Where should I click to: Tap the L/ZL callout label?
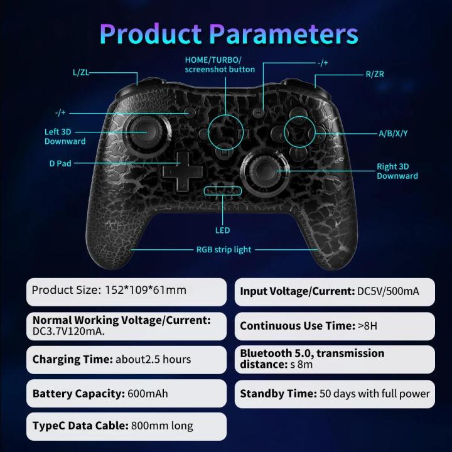tap(80, 73)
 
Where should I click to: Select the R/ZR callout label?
tap(375, 74)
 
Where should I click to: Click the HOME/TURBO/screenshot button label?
tap(220, 64)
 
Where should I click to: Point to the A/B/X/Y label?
tap(393, 133)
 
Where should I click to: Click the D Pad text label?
tap(60, 163)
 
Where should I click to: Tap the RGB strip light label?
tap(224, 249)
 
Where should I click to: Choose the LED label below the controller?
tap(222, 230)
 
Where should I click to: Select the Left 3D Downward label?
tap(65, 136)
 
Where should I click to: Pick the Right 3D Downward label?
tap(397, 171)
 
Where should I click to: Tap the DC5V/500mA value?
tap(387, 291)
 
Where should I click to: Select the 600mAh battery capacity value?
tap(148, 394)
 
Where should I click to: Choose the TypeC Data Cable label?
tap(80, 426)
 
